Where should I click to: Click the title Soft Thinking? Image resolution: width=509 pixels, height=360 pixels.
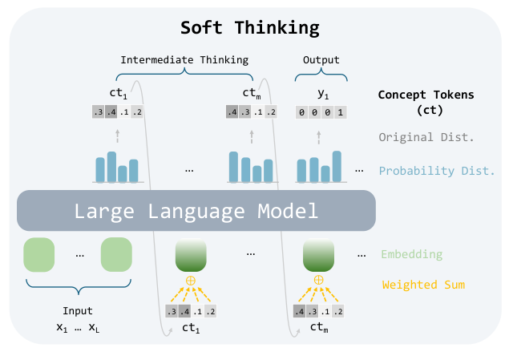tap(249, 27)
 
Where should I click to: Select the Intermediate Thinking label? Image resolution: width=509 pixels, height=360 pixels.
tap(184, 59)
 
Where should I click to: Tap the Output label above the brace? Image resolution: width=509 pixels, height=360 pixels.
tap(321, 59)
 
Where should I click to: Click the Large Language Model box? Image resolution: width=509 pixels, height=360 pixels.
tap(196, 212)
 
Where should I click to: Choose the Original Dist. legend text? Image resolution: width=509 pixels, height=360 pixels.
tap(426, 137)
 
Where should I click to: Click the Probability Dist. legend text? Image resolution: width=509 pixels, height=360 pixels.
tap(437, 171)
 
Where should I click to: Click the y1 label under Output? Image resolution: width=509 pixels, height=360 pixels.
tap(321, 94)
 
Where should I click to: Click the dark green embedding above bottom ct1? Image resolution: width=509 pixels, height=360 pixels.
tap(191, 255)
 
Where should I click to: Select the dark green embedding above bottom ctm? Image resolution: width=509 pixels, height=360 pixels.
tap(318, 255)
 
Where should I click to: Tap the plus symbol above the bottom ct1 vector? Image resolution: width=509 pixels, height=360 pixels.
tap(191, 280)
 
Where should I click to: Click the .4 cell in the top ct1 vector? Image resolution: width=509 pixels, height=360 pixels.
tap(111, 112)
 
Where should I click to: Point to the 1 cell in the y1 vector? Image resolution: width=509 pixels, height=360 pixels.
tap(341, 113)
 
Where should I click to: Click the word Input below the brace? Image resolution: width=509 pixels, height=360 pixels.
tap(78, 311)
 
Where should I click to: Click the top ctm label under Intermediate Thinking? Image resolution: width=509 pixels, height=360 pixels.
tap(252, 94)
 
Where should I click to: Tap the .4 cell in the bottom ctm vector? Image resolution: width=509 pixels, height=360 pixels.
tap(300, 311)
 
